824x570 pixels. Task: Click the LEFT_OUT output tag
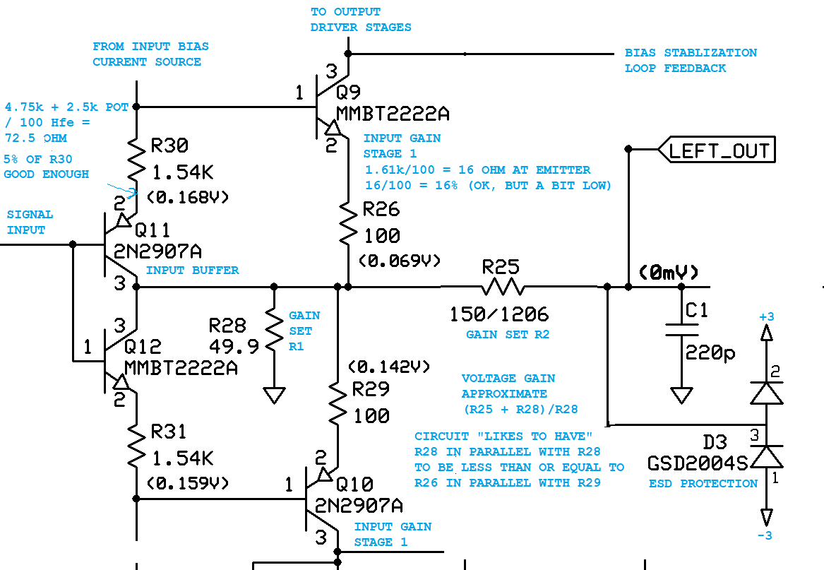coord(717,150)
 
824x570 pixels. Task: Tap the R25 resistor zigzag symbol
coord(502,287)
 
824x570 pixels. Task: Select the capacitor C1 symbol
coord(681,329)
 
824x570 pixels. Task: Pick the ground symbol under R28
coord(274,393)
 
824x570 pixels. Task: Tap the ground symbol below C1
coord(681,393)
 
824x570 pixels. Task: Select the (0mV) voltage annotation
coord(668,273)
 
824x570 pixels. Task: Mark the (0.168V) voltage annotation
coord(188,198)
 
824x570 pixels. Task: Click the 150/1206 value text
coord(499,314)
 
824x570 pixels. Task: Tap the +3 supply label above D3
coord(766,316)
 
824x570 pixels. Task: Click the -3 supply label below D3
coord(765,535)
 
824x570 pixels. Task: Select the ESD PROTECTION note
coord(703,484)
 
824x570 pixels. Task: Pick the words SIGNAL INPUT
coord(30,222)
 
